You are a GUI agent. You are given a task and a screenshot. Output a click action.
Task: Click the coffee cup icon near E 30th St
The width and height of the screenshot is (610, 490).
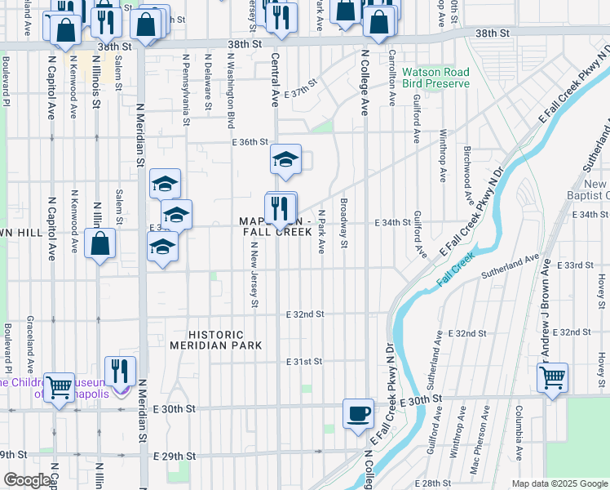point(358,412)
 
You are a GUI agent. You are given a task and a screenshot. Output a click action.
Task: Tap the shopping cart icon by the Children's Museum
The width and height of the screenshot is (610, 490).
point(59,387)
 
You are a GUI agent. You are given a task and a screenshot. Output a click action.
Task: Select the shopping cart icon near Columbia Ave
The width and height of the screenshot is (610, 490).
point(553,377)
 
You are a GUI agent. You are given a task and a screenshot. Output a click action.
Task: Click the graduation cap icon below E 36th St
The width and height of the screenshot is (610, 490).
point(285,160)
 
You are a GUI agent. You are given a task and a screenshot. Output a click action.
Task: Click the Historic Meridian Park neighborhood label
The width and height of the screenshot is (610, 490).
point(216,340)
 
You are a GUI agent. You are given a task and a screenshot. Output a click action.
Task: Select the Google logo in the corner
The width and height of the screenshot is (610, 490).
point(26,480)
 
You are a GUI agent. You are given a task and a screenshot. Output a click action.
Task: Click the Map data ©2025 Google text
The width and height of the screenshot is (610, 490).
point(559,483)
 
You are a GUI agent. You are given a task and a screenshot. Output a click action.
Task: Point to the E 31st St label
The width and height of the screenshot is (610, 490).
point(305,361)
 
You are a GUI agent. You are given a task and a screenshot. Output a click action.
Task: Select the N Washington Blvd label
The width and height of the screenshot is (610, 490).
point(231,91)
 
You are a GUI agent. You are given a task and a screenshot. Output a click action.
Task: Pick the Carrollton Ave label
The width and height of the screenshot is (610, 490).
point(392,78)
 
